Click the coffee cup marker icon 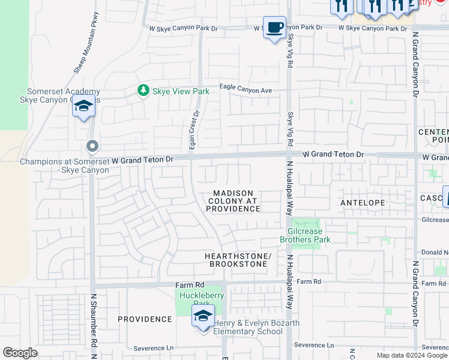pos(274,28)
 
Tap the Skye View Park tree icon pos(143,91)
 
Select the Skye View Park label pos(180,91)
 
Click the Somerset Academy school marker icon pos(84,107)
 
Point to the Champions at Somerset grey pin pos(92,146)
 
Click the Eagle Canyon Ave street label pos(246,89)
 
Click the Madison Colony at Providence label pos(233,201)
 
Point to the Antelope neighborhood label pos(363,203)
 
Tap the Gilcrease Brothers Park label pos(305,235)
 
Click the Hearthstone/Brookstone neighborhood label pos(238,260)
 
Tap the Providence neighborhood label pos(145,319)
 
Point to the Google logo pos(20,353)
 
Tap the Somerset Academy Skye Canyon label pos(60,95)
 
